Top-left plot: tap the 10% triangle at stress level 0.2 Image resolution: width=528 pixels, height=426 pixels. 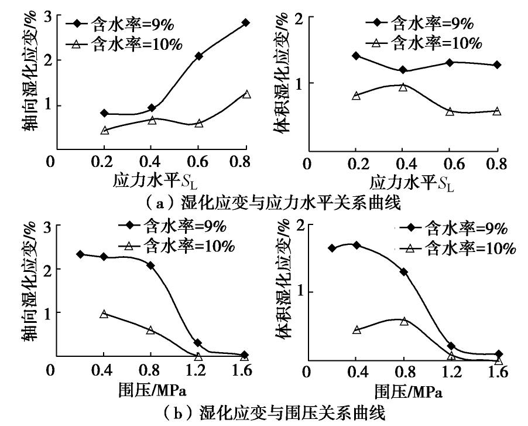pyautogui.click(x=105, y=130)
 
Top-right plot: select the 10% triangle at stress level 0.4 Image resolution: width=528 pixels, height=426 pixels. pyautogui.click(x=403, y=87)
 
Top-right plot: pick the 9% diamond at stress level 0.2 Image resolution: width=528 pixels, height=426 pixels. pyautogui.click(x=355, y=56)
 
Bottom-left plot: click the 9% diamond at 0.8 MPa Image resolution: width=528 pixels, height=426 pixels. pyautogui.click(x=151, y=265)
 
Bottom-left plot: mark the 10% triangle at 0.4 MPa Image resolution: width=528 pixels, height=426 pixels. pyautogui.click(x=104, y=313)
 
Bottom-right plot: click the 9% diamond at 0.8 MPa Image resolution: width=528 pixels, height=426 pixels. pyautogui.click(x=403, y=272)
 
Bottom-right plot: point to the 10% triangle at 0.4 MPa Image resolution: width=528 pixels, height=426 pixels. pyautogui.click(x=356, y=329)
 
